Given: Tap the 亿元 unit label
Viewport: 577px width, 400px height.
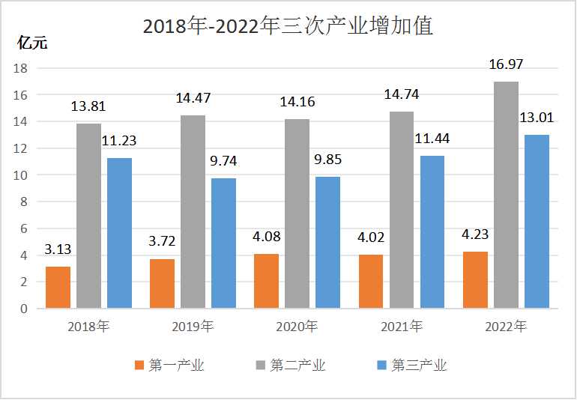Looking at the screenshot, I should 31,43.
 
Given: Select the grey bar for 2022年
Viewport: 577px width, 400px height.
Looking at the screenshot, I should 506,195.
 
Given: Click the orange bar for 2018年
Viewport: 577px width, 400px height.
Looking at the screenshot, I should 58,287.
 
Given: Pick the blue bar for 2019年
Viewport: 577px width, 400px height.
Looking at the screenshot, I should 223,243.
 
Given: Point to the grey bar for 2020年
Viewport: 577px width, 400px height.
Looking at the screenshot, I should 297,213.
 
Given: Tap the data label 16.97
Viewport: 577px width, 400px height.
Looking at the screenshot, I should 507,65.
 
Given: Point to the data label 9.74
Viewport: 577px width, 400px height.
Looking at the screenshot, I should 223,161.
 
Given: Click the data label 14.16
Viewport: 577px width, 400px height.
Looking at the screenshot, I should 297,102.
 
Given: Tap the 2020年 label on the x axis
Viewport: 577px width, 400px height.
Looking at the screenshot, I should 297,327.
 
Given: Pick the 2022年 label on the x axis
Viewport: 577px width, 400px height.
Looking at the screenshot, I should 506,327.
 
